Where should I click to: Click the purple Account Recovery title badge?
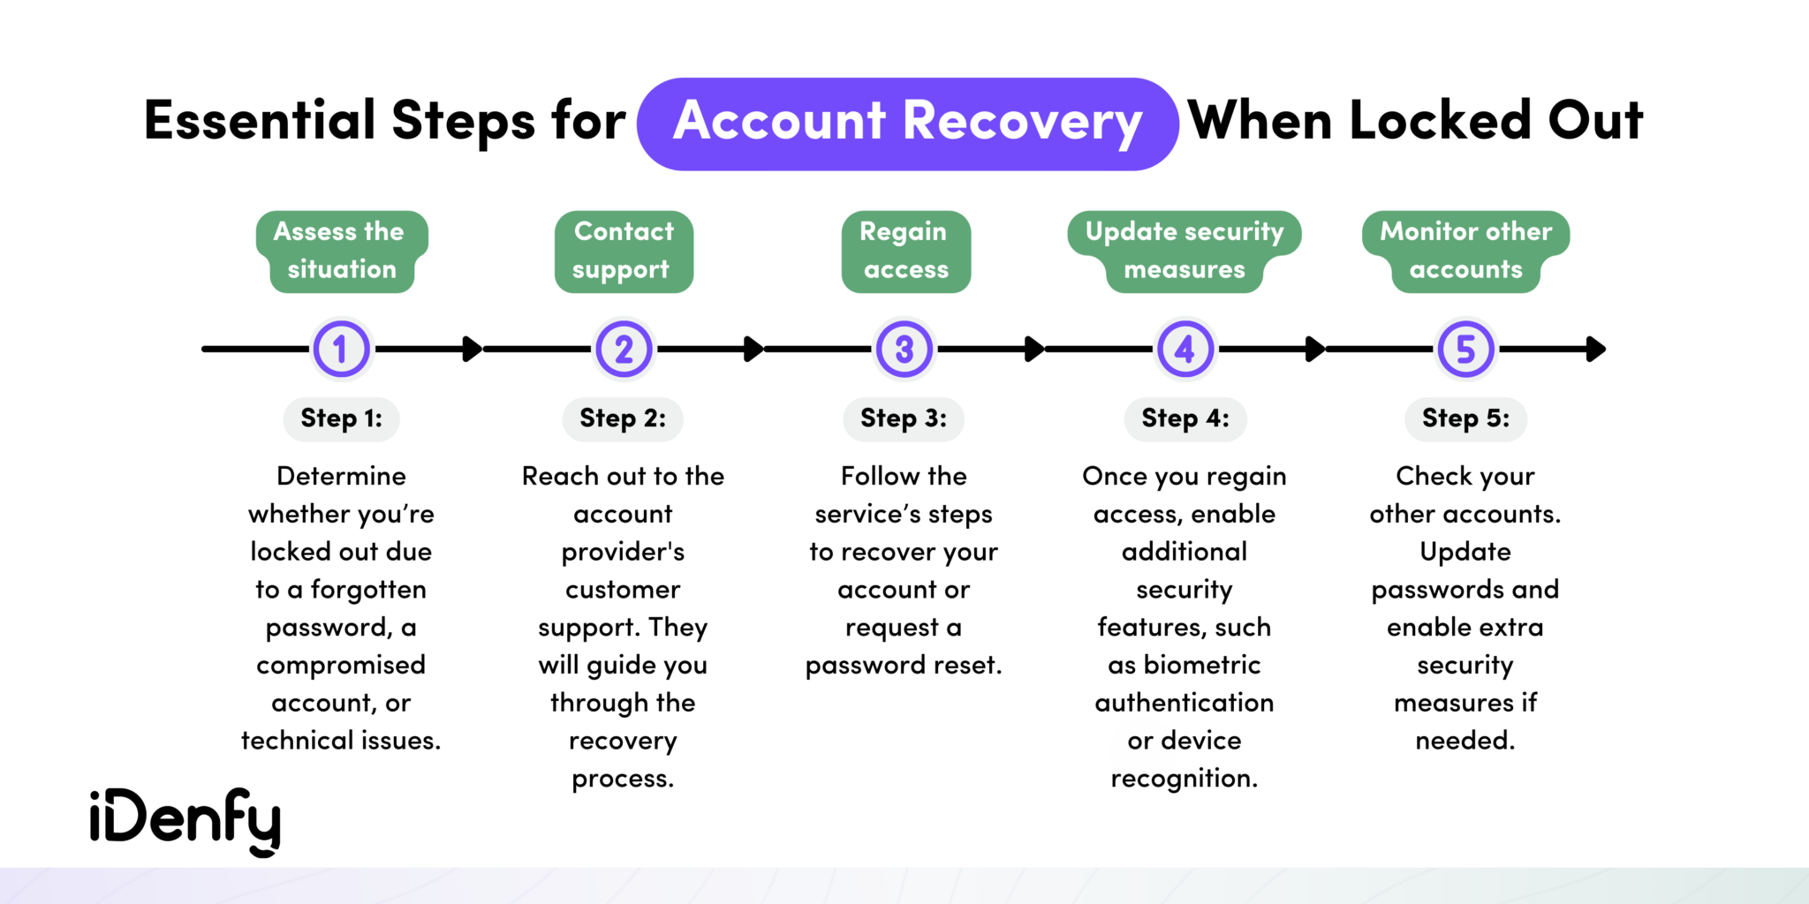(907, 124)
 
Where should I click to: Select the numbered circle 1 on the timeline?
(341, 350)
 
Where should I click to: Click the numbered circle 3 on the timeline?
(904, 350)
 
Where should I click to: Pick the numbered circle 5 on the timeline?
(1465, 350)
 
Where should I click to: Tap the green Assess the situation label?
(341, 251)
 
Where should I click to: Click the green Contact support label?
(623, 251)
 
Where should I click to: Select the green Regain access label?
(905, 251)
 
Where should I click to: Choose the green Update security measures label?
(1184, 251)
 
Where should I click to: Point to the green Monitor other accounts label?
(1465, 251)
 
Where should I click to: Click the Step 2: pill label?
(623, 418)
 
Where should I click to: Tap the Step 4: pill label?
(1185, 418)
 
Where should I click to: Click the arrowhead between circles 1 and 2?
(473, 350)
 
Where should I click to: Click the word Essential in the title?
(260, 121)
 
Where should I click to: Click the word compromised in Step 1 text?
(341, 665)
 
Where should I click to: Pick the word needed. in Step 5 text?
(1465, 740)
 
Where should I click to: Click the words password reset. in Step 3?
(904, 665)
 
